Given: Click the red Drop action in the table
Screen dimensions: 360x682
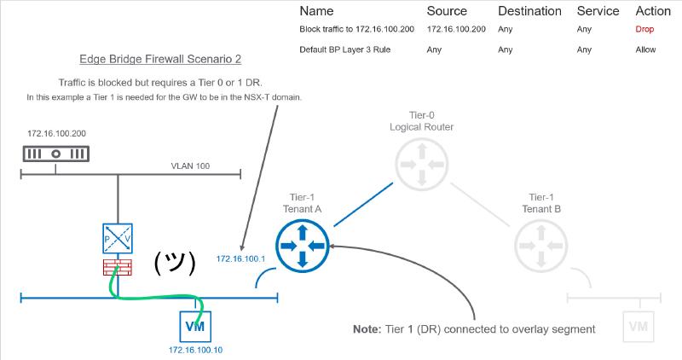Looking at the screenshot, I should pyautogui.click(x=645, y=29).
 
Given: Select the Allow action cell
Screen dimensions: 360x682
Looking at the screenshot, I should pyautogui.click(x=645, y=49).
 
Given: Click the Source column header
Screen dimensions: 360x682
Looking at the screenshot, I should pyautogui.click(x=447, y=11).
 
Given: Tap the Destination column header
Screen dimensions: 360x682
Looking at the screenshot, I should pyautogui.click(x=529, y=11).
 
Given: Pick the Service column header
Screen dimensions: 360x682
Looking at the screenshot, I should pyautogui.click(x=598, y=11).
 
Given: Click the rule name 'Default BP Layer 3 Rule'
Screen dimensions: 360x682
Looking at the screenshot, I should pyautogui.click(x=346, y=49).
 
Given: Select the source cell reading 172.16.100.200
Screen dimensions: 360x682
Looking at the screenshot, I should pyautogui.click(x=456, y=29).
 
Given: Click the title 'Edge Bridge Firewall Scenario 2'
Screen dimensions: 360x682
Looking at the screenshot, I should pyautogui.click(x=159, y=60).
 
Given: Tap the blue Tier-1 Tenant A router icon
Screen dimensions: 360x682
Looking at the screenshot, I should pyautogui.click(x=303, y=246).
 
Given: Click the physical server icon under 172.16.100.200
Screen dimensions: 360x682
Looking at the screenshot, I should pyautogui.click(x=56, y=154).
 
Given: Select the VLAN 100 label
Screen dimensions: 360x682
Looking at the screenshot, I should pyautogui.click(x=189, y=167).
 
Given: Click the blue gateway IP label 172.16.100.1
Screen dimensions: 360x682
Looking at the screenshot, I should pyautogui.click(x=241, y=258).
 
